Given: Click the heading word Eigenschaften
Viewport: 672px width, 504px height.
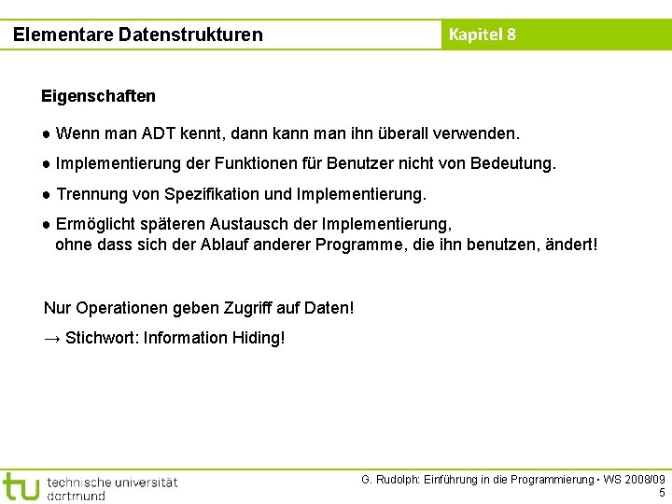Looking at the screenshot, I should [98, 96].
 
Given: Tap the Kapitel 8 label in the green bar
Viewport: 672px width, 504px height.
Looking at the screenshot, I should [482, 35].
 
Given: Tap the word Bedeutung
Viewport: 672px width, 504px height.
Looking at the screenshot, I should [512, 163].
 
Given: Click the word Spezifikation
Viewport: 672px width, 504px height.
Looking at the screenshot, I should [208, 194].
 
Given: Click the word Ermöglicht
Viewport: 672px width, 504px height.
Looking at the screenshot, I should [97, 224].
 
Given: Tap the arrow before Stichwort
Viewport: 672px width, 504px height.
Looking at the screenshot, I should [52, 338].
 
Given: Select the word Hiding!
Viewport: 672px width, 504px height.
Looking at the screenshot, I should [259, 338].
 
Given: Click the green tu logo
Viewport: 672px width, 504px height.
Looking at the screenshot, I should [21, 486].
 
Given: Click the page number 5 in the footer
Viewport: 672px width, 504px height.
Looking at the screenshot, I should [662, 493].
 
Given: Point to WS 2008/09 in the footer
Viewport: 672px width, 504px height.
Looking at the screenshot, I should [634, 479].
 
